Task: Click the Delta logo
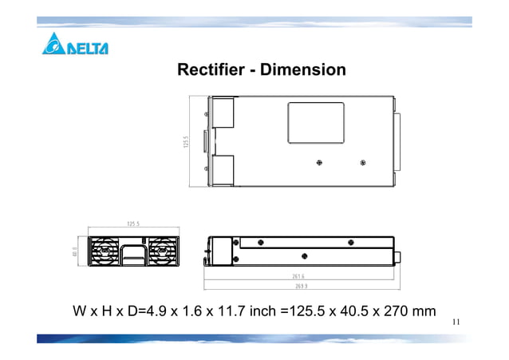tap(74, 45)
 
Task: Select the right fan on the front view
tap(163, 251)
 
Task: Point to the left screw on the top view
tap(319, 162)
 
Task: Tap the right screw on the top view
tap(363, 162)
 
